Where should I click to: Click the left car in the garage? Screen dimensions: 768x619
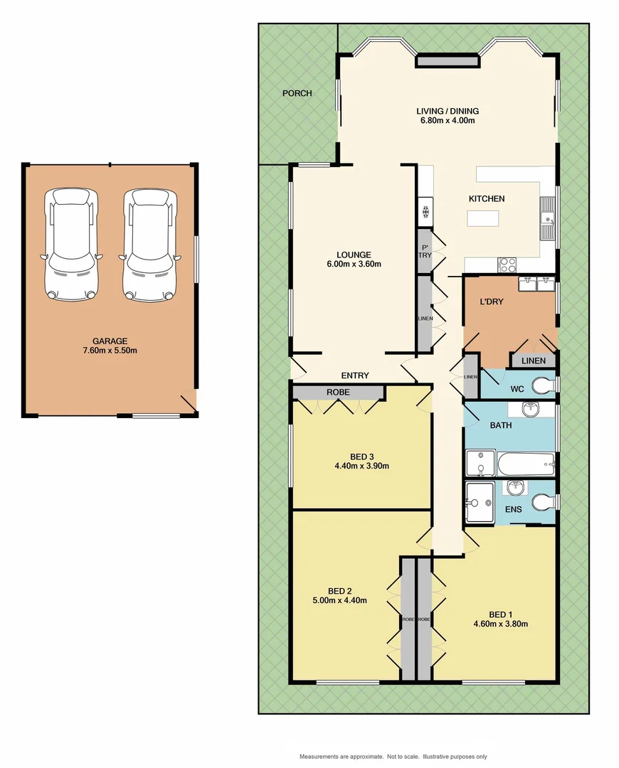click(x=70, y=244)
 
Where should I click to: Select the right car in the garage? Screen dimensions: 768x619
click(x=148, y=244)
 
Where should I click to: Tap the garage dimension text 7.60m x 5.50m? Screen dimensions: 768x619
click(x=109, y=350)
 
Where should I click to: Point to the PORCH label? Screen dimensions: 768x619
click(x=297, y=93)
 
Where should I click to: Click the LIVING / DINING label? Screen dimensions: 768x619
click(x=448, y=111)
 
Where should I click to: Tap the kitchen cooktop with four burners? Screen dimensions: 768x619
click(x=508, y=265)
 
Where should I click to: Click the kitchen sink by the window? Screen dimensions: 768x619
click(x=547, y=218)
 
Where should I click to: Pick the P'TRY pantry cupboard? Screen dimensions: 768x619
click(x=425, y=250)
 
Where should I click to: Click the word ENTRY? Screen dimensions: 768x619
click(x=355, y=375)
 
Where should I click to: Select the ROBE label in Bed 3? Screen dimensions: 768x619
click(x=338, y=392)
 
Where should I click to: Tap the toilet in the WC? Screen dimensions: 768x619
click(x=544, y=386)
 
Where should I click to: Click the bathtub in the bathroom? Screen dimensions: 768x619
click(x=525, y=465)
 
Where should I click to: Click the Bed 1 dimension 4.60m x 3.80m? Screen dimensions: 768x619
click(x=500, y=624)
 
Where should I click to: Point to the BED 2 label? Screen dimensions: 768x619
click(x=340, y=590)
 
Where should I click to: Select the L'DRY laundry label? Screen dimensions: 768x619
click(x=491, y=302)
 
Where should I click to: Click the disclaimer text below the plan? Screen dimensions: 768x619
click(x=393, y=756)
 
